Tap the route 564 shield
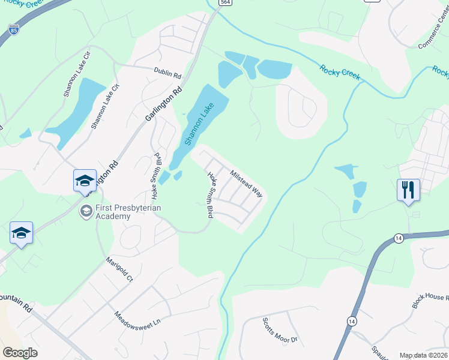point(224,2)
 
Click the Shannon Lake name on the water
point(199,124)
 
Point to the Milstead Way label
point(247,182)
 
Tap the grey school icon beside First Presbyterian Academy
point(86,211)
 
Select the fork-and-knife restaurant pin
point(408,190)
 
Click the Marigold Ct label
point(118,271)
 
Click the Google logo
point(20,352)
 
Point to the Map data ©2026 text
point(423,355)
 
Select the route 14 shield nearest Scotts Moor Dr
point(350,322)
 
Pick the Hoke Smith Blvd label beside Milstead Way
point(211,195)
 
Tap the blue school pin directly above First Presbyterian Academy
point(85,180)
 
